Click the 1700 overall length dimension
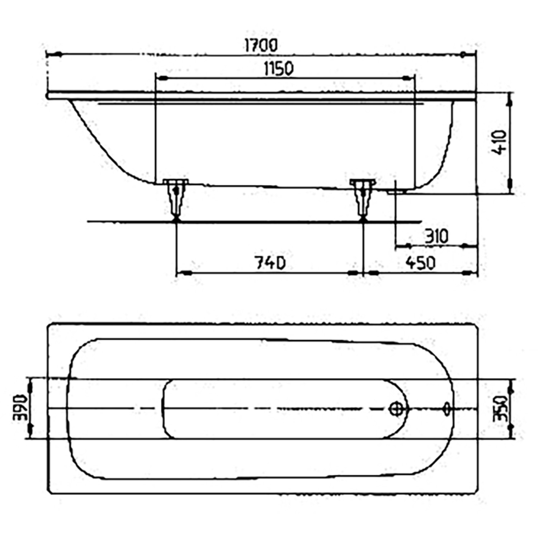pyautogui.click(x=261, y=46)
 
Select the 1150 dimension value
pyautogui.click(x=279, y=69)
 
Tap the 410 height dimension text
pyautogui.click(x=500, y=142)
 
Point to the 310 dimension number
pyautogui.click(x=436, y=236)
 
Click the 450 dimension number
pyautogui.click(x=420, y=263)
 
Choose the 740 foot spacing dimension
pyautogui.click(x=270, y=263)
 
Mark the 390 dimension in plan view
pyautogui.click(x=20, y=408)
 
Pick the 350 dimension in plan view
pyautogui.click(x=500, y=409)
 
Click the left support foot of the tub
pyautogui.click(x=176, y=199)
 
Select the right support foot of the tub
pyautogui.click(x=363, y=199)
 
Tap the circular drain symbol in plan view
pyautogui.click(x=396, y=409)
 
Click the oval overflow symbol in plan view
pyautogui.click(x=448, y=409)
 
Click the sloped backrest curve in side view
pyautogui.click(x=97, y=143)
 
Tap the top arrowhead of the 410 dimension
pyautogui.click(x=510, y=100)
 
